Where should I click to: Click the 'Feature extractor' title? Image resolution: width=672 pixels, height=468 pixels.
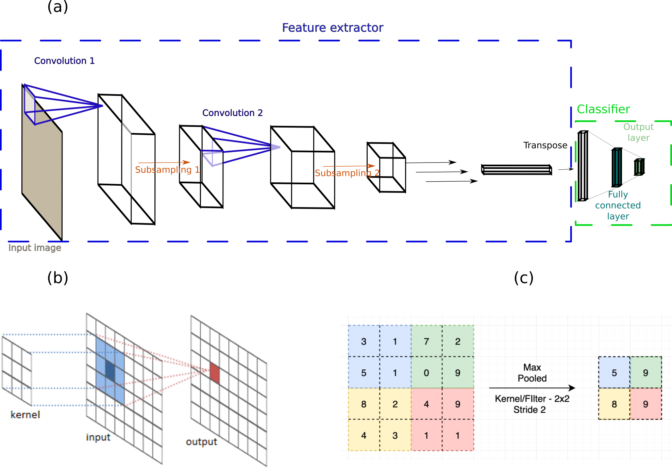[x=332, y=28]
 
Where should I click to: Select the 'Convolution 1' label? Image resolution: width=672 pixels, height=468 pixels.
[x=64, y=61]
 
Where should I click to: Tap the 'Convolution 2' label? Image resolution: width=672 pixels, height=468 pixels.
[x=232, y=113]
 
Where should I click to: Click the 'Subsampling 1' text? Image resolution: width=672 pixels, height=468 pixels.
[x=167, y=170]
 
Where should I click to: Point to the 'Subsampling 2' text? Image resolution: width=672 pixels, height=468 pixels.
[x=347, y=173]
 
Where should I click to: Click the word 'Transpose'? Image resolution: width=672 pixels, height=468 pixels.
[x=545, y=145]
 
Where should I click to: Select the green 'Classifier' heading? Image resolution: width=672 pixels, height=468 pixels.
[x=603, y=109]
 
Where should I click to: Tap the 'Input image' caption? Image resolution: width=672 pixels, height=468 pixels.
[x=35, y=248]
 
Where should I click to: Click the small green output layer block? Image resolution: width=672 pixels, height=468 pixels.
[x=639, y=167]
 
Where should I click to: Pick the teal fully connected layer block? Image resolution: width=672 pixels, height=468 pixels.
[x=617, y=167]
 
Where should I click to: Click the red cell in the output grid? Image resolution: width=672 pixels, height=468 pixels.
[x=214, y=373]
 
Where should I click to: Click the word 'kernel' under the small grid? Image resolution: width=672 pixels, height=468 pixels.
[x=25, y=415]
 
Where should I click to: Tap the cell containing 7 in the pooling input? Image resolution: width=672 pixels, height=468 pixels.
[x=426, y=341]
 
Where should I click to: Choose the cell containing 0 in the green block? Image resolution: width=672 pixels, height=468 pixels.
[x=426, y=373]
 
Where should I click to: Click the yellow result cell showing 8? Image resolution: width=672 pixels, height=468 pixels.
[x=614, y=404]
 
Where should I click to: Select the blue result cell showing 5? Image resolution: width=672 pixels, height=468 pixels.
[x=614, y=373]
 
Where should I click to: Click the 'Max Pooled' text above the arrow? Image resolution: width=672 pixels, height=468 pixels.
[x=532, y=373]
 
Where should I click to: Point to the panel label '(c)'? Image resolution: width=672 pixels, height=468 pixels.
[x=523, y=278]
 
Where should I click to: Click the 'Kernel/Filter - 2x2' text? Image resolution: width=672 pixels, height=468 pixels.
[x=532, y=399]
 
